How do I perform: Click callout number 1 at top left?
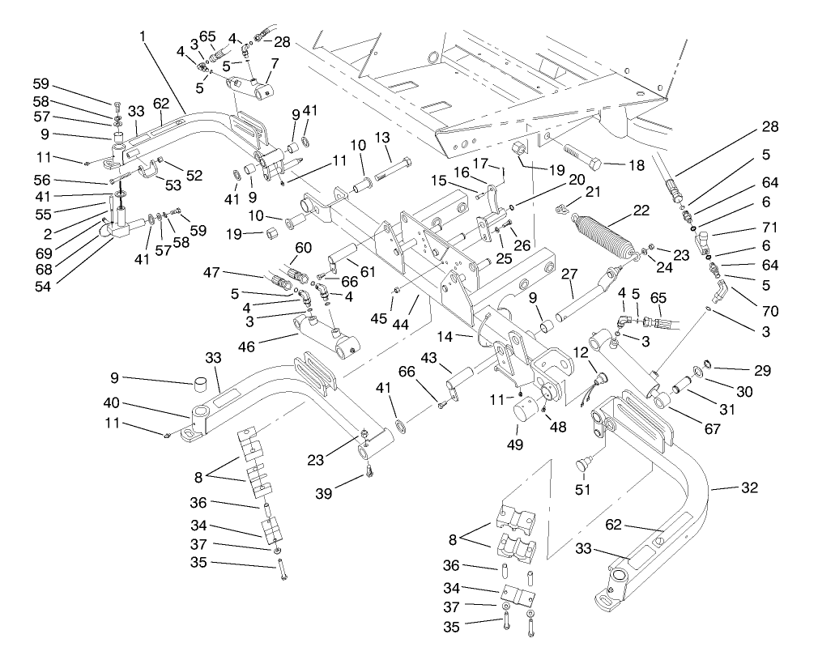[x=143, y=37]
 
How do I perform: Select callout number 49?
[x=515, y=444]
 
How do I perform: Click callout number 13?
[x=382, y=136]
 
